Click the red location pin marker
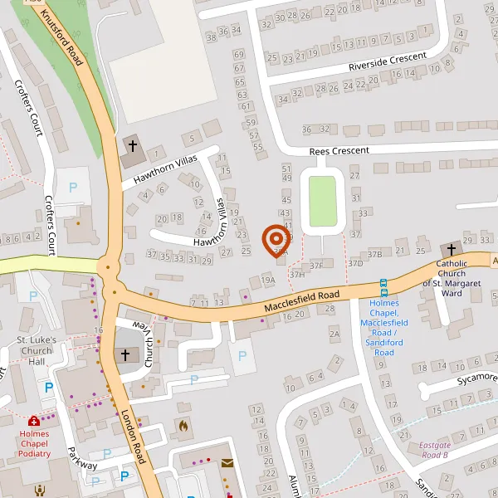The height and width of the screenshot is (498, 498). (x=276, y=241)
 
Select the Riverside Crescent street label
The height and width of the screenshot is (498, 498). (x=388, y=61)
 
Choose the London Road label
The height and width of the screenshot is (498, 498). (x=133, y=437)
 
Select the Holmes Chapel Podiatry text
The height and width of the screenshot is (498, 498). (x=35, y=443)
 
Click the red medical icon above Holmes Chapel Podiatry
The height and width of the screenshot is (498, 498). (x=34, y=422)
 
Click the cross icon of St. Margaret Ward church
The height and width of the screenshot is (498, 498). (x=450, y=249)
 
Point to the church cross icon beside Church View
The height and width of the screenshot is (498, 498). (x=125, y=354)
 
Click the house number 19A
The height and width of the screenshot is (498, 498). (x=267, y=281)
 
